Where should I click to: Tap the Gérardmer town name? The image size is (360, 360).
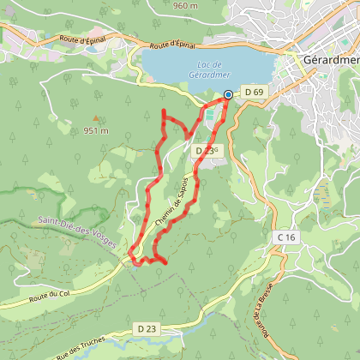(331, 61)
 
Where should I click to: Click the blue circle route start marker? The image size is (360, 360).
(228, 95)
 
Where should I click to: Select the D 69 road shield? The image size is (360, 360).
(252, 92)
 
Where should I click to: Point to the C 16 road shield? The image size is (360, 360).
(285, 236)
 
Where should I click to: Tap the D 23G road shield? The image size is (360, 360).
(207, 150)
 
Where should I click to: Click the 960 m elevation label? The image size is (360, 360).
(185, 5)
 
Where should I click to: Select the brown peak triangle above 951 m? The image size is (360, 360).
(96, 120)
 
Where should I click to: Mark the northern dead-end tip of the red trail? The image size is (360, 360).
(163, 111)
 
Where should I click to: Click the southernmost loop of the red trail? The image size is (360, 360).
(153, 258)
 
